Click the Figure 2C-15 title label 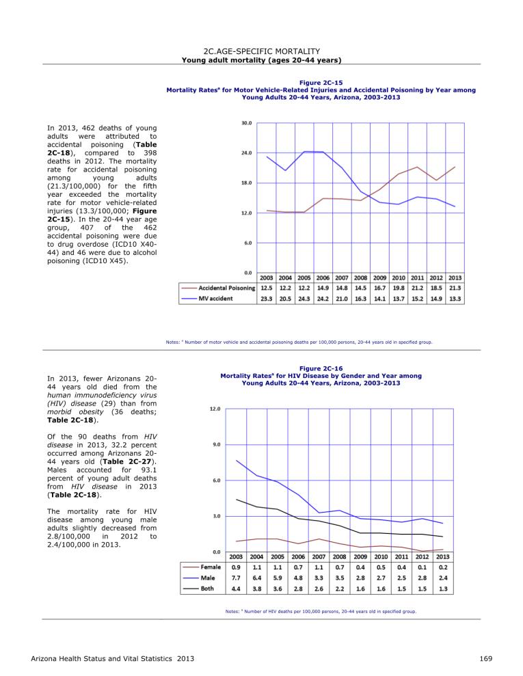point(321,83)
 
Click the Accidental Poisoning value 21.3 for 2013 point(455,288)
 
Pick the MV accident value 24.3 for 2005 point(304,298)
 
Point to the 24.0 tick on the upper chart point(247,153)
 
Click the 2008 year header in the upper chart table point(360,278)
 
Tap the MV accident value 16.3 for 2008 point(360,298)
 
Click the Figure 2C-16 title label point(321,368)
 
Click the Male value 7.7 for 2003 point(237,578)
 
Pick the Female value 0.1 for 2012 point(422,567)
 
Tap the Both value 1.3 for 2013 point(443,589)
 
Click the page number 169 point(485,659)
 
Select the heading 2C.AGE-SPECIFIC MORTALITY point(262,52)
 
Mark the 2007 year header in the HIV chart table point(319,556)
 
